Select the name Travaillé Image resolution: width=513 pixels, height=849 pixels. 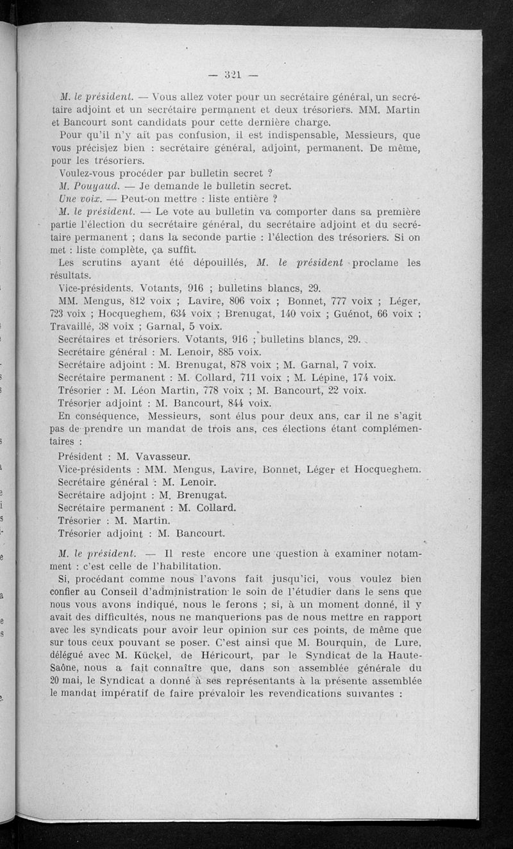coord(73,326)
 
